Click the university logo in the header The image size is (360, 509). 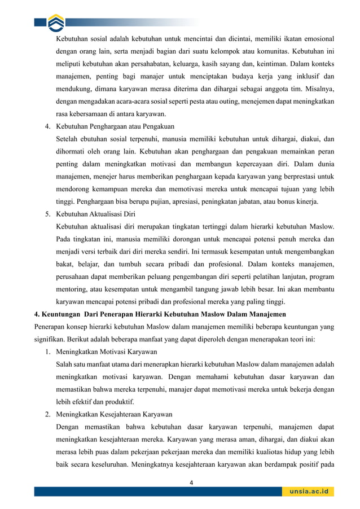pyautogui.click(x=56, y=22)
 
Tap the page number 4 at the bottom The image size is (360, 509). pyautogui.click(x=191, y=482)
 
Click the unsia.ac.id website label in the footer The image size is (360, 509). pyautogui.click(x=309, y=492)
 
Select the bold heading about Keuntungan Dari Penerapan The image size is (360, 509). pyautogui.click(x=160, y=314)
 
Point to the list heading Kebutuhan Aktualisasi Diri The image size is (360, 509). pyautogui.click(x=95, y=214)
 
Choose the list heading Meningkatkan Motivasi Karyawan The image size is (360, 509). pyautogui.click(x=106, y=352)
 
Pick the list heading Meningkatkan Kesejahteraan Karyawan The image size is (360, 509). pyautogui.click(x=114, y=414)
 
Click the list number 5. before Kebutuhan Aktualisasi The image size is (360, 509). pyautogui.click(x=49, y=214)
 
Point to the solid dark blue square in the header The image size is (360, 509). pyautogui.click(x=39, y=22)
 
